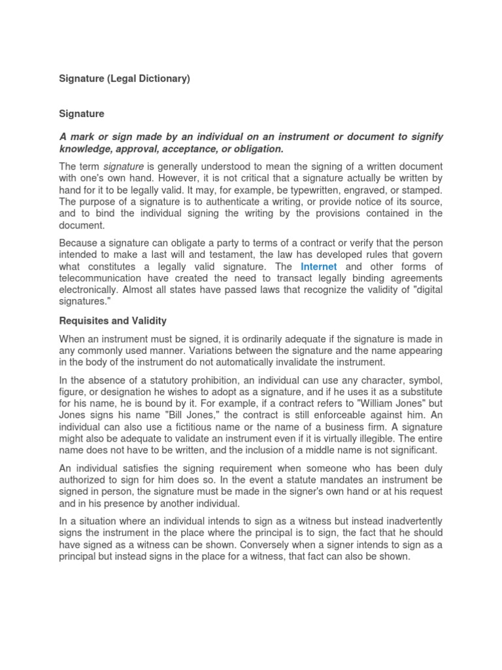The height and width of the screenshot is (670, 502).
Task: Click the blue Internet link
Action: [318, 266]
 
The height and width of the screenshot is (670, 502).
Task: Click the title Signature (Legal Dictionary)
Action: [124, 79]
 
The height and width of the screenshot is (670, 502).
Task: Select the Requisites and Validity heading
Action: [113, 321]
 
